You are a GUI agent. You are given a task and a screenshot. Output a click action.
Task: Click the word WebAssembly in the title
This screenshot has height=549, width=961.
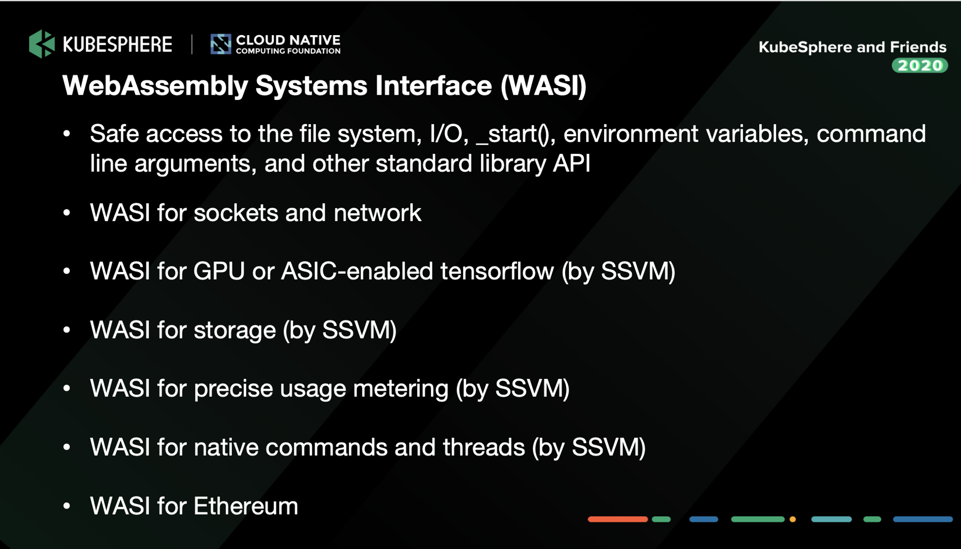click(155, 86)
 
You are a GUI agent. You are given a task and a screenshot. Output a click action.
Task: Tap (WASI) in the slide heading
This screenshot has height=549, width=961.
click(543, 86)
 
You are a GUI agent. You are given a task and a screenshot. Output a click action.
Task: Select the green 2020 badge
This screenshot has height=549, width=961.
click(920, 65)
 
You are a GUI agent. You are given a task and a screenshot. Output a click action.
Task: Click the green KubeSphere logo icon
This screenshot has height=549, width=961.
click(42, 44)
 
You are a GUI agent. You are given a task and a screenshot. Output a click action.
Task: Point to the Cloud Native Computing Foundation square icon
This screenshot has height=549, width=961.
click(221, 44)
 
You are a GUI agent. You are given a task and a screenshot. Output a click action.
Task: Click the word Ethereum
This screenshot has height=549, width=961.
click(246, 506)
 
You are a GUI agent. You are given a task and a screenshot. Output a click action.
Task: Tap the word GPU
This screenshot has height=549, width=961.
click(219, 271)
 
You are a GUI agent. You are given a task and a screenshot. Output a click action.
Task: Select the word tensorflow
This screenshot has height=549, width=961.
click(497, 271)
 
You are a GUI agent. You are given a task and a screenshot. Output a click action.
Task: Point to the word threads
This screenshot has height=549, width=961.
click(484, 448)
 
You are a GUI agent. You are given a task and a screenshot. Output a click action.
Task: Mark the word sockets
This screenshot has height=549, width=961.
click(236, 213)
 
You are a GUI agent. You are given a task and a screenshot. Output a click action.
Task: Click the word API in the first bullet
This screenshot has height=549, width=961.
click(572, 163)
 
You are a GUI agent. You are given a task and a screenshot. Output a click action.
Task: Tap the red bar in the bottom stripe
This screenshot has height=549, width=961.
click(618, 519)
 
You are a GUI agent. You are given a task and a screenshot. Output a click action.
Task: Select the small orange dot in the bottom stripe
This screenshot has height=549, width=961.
click(793, 519)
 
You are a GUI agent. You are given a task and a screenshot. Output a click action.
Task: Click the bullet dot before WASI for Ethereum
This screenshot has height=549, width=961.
click(67, 506)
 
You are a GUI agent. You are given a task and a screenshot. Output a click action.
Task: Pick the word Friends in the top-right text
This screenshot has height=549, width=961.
click(918, 47)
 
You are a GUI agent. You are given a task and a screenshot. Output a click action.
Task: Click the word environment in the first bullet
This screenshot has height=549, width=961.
click(630, 134)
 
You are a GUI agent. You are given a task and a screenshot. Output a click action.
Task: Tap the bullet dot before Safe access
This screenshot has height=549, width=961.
click(67, 134)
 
